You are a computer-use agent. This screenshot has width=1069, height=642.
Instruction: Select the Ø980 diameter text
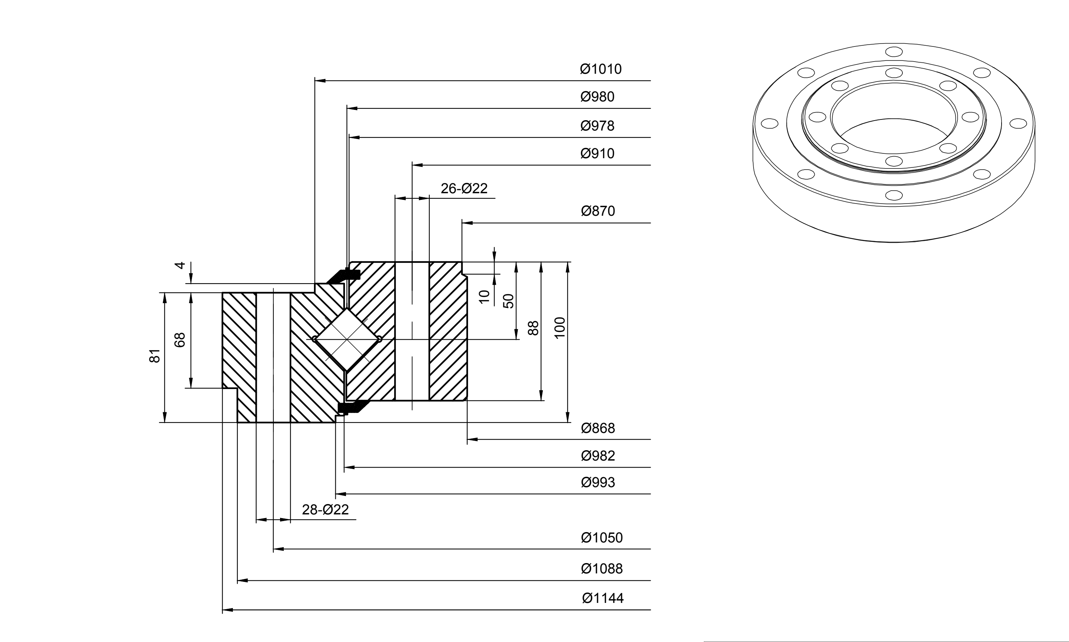coord(597,97)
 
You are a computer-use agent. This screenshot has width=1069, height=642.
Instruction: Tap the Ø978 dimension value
coord(597,126)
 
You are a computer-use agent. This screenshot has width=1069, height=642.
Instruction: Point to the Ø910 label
coord(597,153)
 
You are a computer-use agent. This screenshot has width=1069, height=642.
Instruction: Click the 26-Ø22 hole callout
coord(464,188)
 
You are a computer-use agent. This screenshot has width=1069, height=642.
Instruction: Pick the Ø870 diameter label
coord(598,211)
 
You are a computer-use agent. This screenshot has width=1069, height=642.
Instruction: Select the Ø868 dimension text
coord(598,428)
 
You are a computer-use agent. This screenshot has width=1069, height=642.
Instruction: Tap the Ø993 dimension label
coord(598,482)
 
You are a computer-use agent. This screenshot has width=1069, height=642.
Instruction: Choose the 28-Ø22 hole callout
coord(325,510)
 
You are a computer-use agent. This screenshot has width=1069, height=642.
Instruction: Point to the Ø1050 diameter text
coord(602,538)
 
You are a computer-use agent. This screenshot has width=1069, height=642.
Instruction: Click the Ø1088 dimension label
coord(602,569)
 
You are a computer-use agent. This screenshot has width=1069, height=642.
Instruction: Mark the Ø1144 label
coord(602,598)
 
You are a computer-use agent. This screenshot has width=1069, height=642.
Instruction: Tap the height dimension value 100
coord(559,328)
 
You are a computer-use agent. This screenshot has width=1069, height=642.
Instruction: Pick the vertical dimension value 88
coord(534,328)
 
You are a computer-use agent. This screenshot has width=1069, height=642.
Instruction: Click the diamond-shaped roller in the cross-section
coord(347,339)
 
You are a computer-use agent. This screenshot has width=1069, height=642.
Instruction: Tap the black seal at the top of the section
coord(344,275)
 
